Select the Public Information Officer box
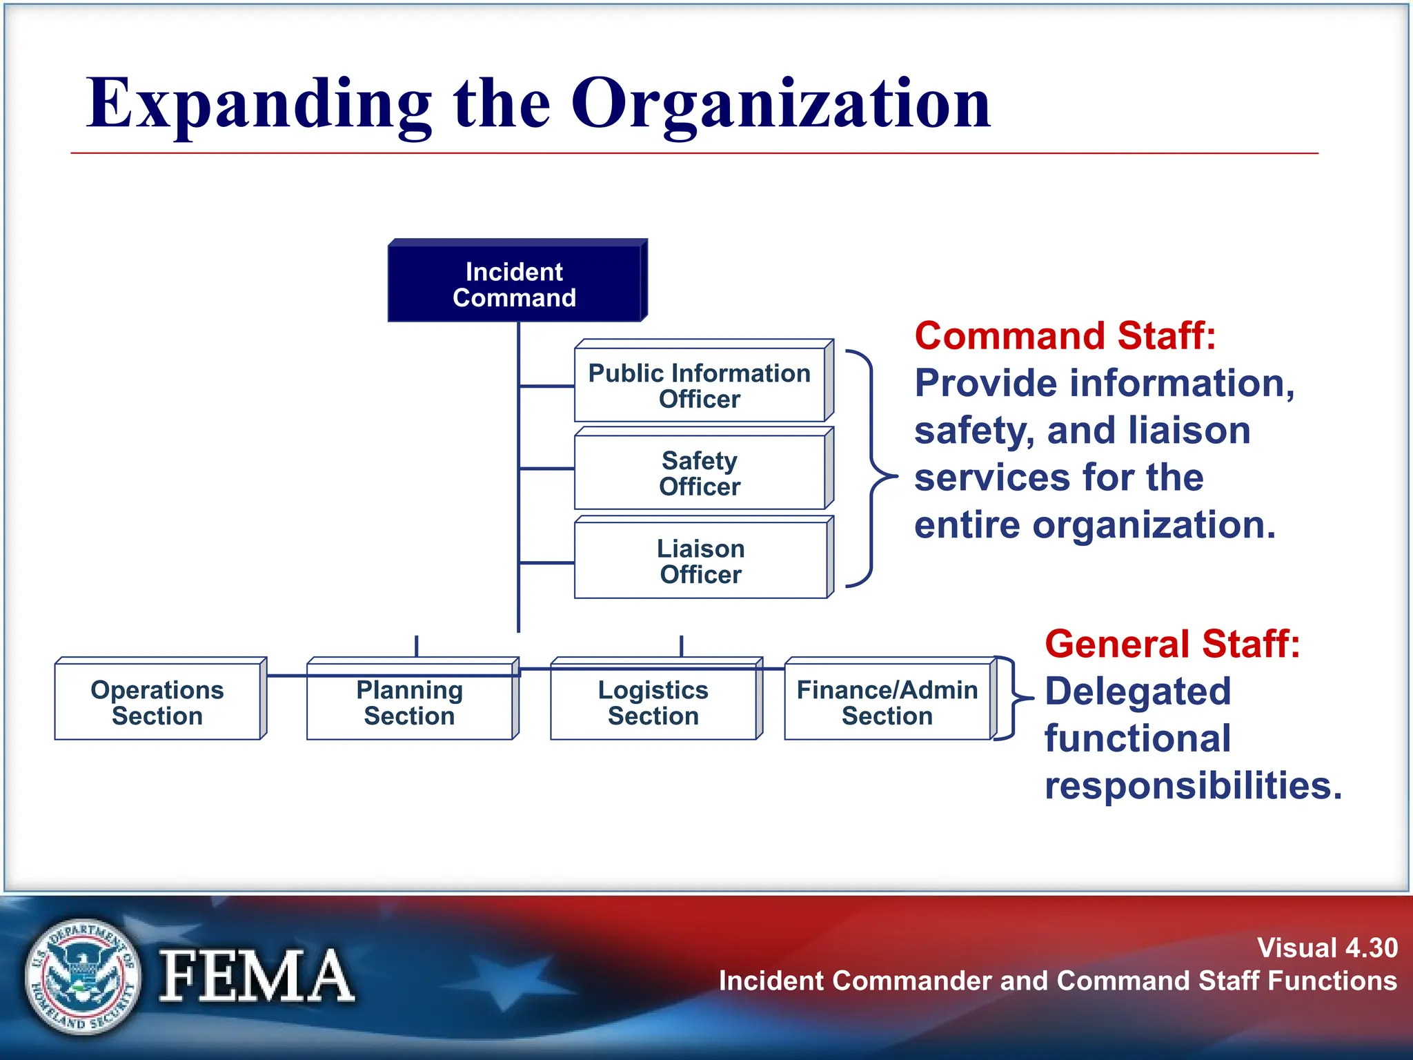[700, 385]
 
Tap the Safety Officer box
[700, 473]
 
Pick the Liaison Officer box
[700, 560]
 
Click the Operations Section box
[157, 702]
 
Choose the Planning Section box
[410, 702]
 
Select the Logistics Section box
[653, 702]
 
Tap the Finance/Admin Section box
[887, 702]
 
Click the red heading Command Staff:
[1065, 336]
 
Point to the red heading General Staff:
[1172, 644]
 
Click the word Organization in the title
[780, 104]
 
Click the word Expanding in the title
[259, 104]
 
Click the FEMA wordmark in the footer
[257, 976]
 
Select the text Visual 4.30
[1327, 948]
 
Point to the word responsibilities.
[1194, 785]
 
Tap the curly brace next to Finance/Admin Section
[1013, 698]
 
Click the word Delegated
[1138, 691]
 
